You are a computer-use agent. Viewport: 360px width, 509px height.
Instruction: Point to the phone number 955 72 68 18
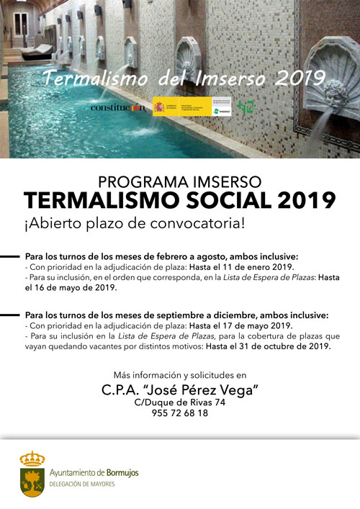click(180, 413)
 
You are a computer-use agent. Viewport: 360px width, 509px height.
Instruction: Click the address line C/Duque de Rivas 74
click(180, 402)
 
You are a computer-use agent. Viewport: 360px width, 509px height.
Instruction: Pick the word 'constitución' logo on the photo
click(117, 108)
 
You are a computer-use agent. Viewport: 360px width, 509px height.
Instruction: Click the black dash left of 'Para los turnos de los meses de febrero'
click(10, 256)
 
